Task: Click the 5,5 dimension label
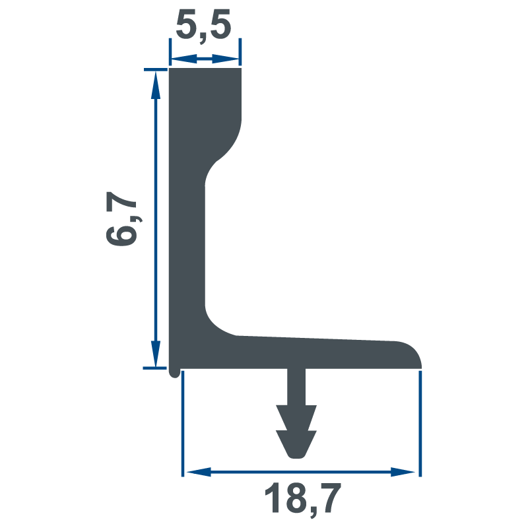point(203,26)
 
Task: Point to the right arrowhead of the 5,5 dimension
point(226,59)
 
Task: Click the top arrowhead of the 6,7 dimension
point(155,85)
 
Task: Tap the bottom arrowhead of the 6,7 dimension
point(155,354)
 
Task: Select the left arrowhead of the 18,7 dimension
point(199,472)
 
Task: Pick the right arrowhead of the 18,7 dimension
point(403,472)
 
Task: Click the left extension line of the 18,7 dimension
point(183,424)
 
